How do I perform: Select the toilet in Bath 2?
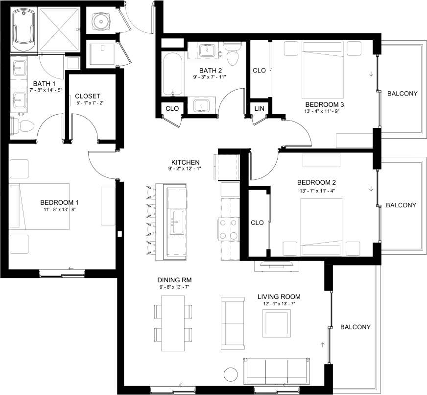pos(232,54)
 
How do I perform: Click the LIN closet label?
pos(259,108)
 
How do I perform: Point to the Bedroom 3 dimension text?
pos(322,112)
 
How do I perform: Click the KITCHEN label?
pos(185,162)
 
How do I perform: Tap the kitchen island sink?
pos(176,222)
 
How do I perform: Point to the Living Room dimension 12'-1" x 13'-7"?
pos(279,304)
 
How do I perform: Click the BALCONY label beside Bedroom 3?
pos(402,93)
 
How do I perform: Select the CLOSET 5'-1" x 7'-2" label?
pos(88,99)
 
